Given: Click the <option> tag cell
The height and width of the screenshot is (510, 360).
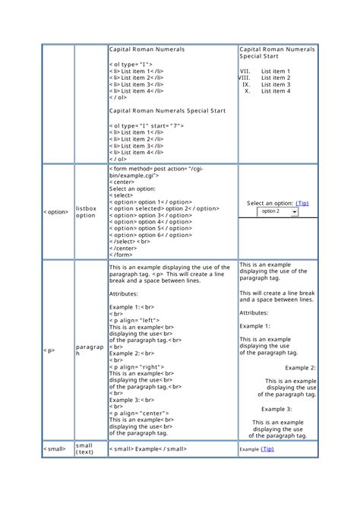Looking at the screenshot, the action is point(56,211).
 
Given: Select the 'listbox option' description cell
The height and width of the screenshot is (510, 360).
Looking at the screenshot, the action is point(86,211).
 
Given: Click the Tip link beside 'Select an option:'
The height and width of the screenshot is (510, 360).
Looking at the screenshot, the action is point(302,203).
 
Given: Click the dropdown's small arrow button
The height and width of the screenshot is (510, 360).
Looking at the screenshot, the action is point(294,211).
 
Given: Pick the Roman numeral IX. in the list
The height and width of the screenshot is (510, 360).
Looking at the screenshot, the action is point(246,84).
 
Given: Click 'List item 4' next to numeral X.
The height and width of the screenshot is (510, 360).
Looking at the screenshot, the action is point(276,91).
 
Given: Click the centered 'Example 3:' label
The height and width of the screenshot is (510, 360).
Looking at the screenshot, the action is point(279,409).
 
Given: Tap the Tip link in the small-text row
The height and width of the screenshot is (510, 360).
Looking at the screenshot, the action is point(267,449).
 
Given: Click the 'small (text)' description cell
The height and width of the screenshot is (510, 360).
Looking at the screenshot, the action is point(85,449).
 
